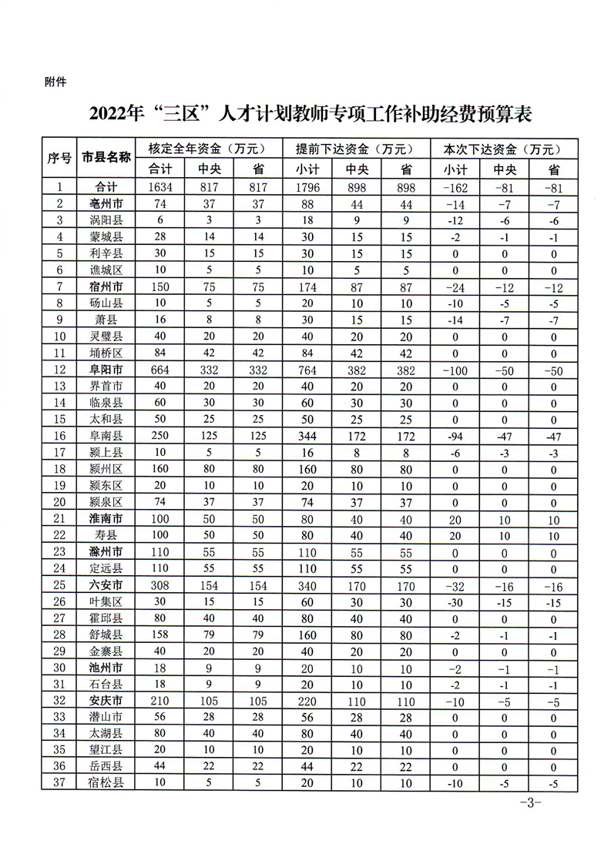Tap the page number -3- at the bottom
531,803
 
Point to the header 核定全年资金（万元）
206,149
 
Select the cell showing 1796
307,187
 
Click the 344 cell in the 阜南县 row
307,437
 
